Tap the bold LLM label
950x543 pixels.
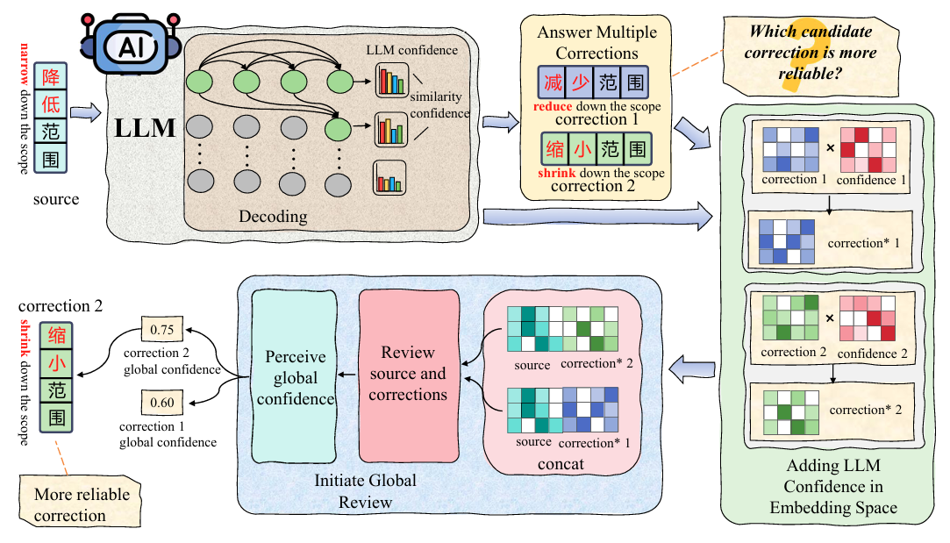click(146, 128)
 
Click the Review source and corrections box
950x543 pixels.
click(409, 374)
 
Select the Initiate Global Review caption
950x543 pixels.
click(365, 490)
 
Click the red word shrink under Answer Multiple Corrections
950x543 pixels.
click(556, 173)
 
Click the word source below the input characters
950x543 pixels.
click(56, 199)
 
